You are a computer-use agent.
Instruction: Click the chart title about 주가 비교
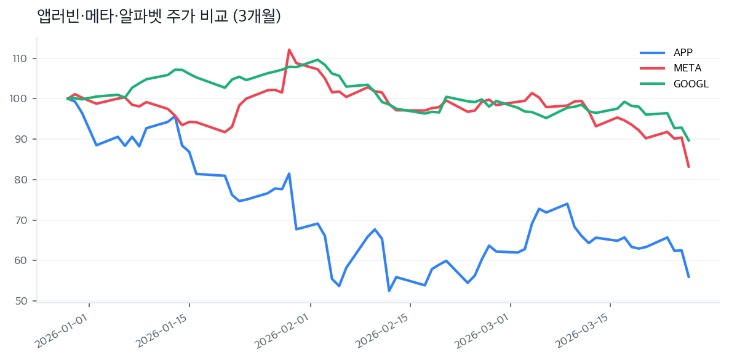[159, 17]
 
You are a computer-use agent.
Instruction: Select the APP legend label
[683, 52]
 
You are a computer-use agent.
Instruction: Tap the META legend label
[687, 68]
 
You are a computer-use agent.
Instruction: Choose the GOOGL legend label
[691, 84]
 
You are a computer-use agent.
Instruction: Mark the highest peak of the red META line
[289, 50]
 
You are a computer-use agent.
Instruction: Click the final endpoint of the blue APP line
[688, 277]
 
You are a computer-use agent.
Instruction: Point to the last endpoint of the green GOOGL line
[688, 141]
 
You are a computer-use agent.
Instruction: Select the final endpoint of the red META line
[688, 167]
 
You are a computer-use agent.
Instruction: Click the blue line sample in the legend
[652, 52]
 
